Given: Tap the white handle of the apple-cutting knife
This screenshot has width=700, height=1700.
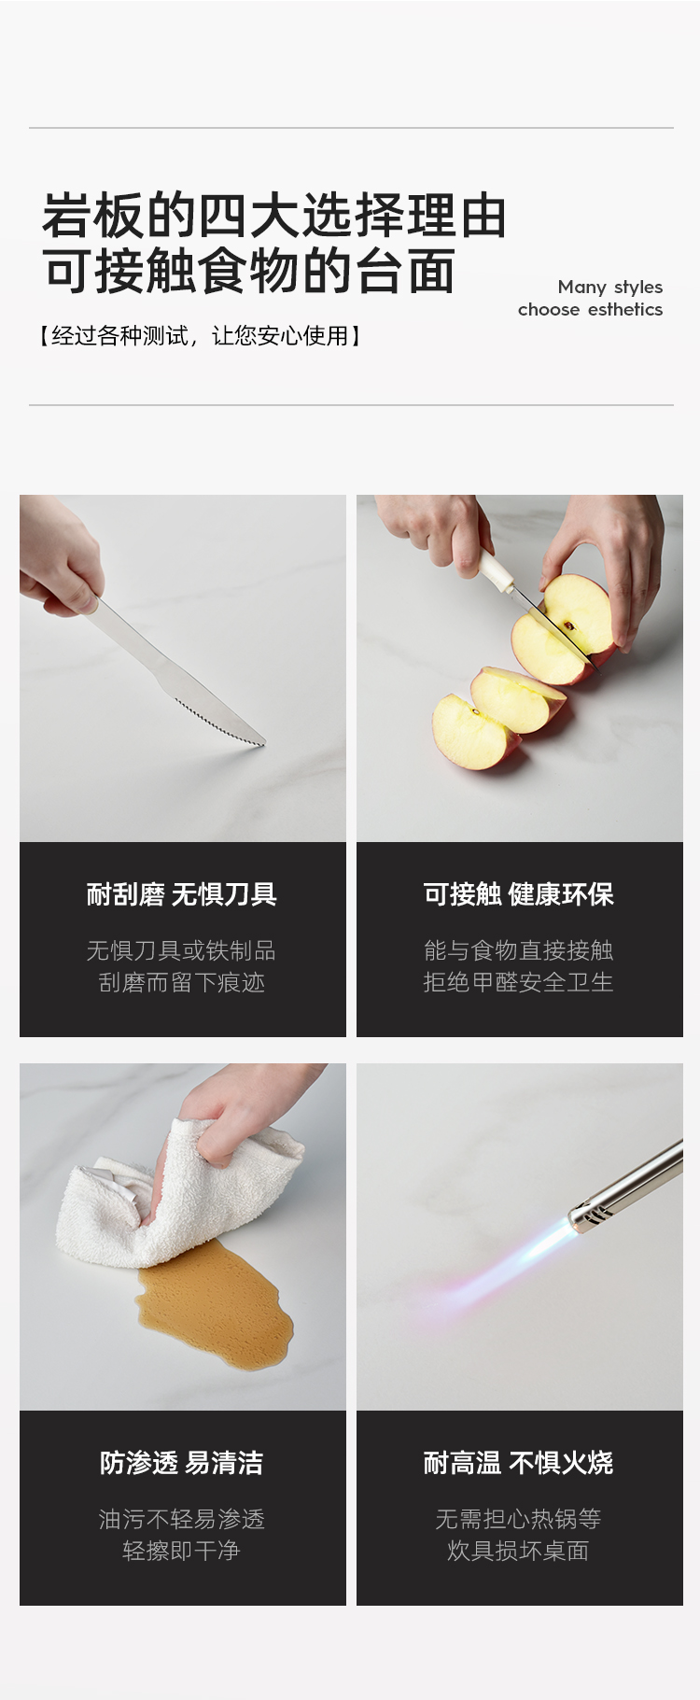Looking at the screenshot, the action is (x=497, y=570).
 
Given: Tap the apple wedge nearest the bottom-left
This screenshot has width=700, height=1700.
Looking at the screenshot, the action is (x=473, y=732).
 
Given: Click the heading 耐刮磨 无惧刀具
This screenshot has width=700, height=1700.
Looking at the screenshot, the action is (x=182, y=894).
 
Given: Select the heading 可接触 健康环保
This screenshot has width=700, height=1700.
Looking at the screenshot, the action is (x=519, y=894).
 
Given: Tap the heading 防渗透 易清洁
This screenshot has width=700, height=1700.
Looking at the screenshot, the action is (x=182, y=1463).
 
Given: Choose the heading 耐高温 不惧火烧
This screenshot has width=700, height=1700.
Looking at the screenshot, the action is (x=519, y=1463).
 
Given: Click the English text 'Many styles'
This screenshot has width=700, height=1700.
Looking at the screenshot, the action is (x=610, y=288).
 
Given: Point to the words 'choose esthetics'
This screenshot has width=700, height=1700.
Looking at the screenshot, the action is (x=591, y=309).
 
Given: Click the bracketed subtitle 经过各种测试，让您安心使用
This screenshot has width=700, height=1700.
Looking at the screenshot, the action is (x=200, y=336).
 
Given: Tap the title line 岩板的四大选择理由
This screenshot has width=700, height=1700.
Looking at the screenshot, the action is (x=274, y=216).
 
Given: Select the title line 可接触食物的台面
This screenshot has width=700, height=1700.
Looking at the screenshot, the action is (x=249, y=271).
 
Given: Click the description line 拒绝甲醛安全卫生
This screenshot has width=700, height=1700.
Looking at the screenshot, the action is (x=519, y=982).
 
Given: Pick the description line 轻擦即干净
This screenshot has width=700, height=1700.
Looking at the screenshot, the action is (x=182, y=1551).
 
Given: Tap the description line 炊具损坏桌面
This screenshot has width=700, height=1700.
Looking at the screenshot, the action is (x=519, y=1551).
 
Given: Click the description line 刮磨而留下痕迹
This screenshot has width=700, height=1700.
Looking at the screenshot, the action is (x=182, y=982).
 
